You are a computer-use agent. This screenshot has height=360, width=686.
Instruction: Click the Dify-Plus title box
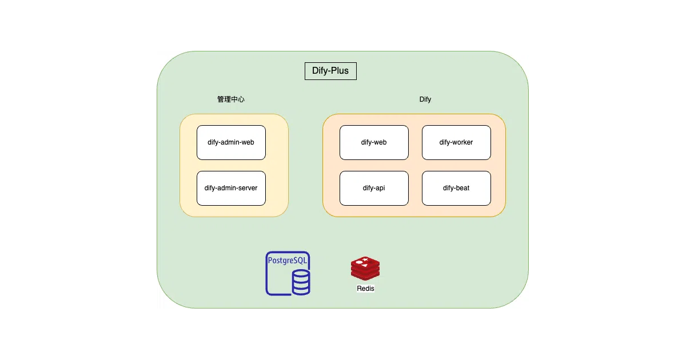330,71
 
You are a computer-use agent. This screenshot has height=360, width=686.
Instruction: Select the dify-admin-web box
231,142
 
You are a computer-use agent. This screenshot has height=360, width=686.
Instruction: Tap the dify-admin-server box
231,188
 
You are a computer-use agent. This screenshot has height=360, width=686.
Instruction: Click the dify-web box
374,142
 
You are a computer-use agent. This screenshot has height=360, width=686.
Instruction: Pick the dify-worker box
456,142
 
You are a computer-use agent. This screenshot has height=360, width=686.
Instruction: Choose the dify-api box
374,188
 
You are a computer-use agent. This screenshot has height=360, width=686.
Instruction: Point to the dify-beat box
456,188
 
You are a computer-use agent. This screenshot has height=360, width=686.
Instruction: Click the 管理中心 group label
231,99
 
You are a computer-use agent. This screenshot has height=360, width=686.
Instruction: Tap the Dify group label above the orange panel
425,99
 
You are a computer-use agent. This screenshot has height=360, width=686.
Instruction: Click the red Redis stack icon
365,269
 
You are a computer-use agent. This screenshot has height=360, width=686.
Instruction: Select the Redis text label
365,289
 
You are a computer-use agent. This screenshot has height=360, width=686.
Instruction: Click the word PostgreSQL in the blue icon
287,261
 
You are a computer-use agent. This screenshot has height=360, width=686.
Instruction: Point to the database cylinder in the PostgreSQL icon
301,282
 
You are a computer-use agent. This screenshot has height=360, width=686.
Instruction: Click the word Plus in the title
340,71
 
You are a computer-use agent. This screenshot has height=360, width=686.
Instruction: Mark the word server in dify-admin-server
248,188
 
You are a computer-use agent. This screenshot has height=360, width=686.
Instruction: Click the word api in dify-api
380,188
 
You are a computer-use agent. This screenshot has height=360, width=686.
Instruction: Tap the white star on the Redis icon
365,259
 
